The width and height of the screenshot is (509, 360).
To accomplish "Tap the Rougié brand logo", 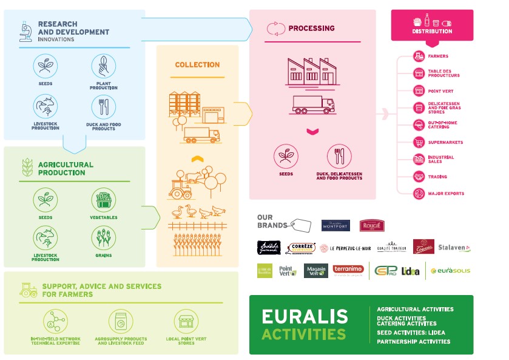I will coord(372,225).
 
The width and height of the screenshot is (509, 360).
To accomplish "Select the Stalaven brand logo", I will coord(455,248).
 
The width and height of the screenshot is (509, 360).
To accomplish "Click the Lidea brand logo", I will coord(410,271).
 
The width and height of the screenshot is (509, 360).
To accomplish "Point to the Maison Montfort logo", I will coord(335,225).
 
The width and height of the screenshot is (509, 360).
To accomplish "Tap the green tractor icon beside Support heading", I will coord(28,290).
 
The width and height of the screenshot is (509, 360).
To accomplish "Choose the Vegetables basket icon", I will coord(103,200).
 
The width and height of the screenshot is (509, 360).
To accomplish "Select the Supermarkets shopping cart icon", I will coord(419,143).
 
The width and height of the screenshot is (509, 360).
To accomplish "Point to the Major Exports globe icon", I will coord(419,194).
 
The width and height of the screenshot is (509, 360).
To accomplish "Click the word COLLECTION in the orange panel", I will coord(197,65).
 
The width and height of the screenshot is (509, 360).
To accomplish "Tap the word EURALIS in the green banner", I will coord(305,316).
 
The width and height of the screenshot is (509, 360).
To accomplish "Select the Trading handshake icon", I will coord(419,177).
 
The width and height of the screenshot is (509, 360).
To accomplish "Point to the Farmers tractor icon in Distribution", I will coord(419,56).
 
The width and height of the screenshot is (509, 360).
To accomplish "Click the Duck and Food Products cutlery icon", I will coord(103,107).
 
